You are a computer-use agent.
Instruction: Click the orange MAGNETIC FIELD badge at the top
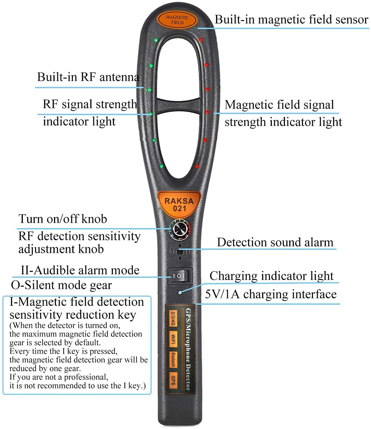(x=177, y=20)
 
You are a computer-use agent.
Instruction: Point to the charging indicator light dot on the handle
(x=180, y=292)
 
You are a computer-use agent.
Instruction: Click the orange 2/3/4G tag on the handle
(x=173, y=319)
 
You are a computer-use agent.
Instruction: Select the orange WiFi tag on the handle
(x=173, y=339)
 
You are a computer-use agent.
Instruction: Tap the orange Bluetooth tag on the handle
(x=173, y=360)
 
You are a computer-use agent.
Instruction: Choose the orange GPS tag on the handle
(x=173, y=380)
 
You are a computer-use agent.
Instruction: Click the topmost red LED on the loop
(x=201, y=40)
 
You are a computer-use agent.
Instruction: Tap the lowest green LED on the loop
(x=161, y=166)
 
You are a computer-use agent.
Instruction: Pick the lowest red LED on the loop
(x=197, y=166)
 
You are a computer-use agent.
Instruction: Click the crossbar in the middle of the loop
(x=179, y=106)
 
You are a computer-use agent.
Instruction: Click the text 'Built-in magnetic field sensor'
(x=291, y=19)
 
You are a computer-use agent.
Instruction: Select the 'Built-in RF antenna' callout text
(x=88, y=77)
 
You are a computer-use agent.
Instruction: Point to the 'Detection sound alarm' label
(x=275, y=242)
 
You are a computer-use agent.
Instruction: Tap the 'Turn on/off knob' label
(x=63, y=219)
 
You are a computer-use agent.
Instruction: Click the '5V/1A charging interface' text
(x=271, y=294)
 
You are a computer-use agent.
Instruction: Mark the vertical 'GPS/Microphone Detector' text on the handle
(x=188, y=349)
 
